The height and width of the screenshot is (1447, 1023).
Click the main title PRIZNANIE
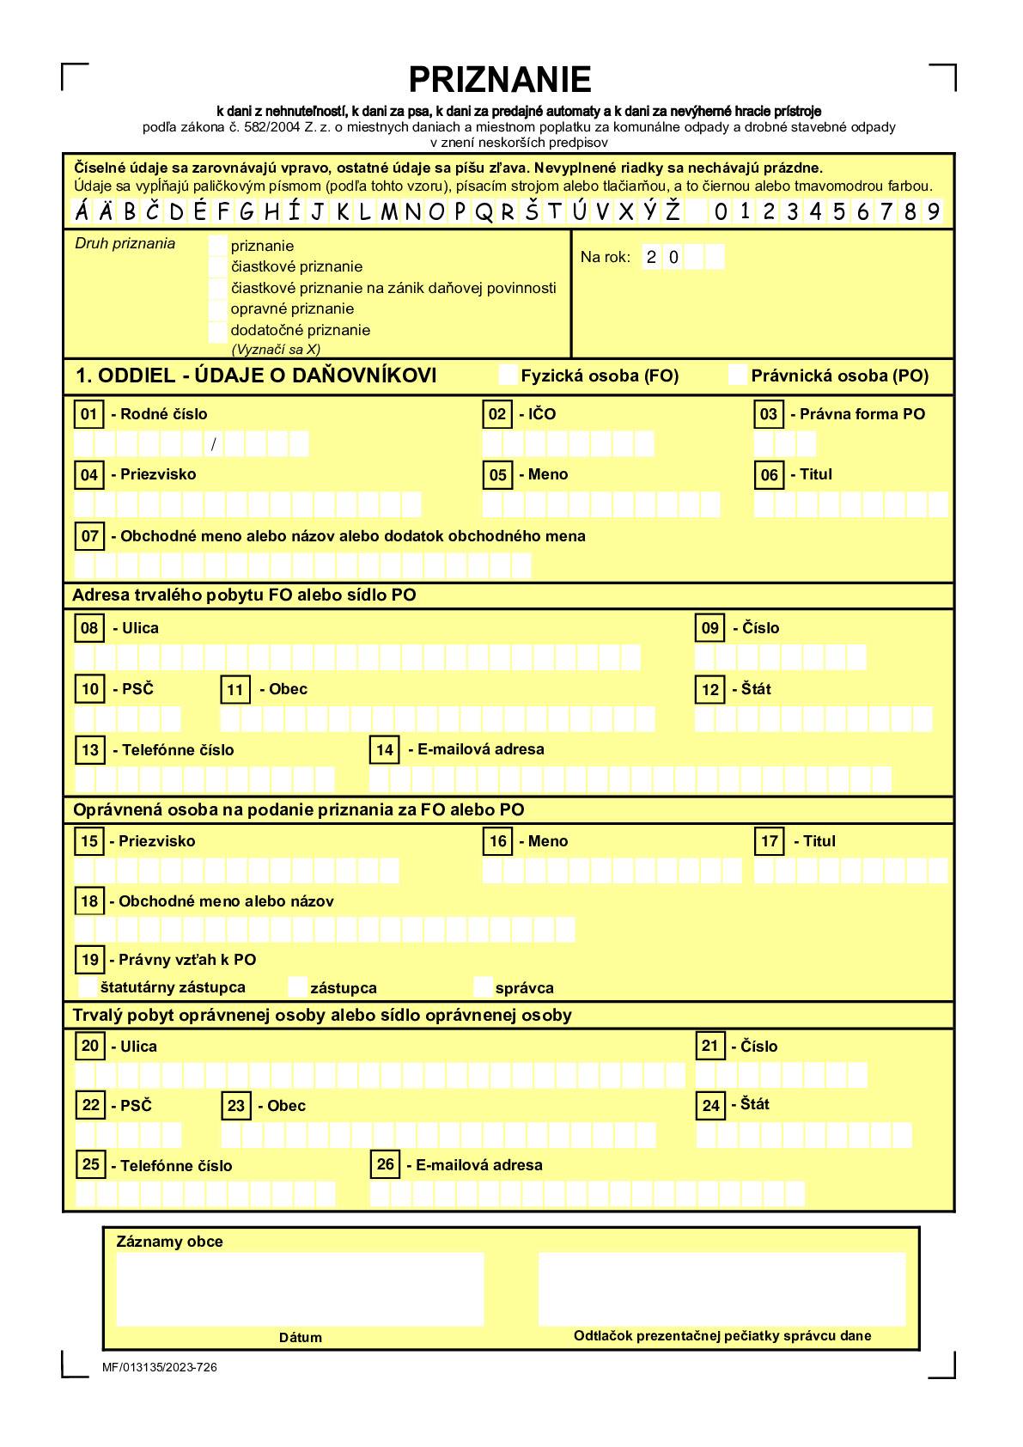click(499, 80)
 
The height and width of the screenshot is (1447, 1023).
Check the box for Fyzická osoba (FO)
click(508, 375)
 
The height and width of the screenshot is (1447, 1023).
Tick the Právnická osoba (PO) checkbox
click(738, 375)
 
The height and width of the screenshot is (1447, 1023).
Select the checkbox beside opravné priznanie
click(218, 309)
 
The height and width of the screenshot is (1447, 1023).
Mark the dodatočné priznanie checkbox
click(218, 331)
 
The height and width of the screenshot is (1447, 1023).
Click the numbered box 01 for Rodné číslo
click(89, 415)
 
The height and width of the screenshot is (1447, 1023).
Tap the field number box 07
click(90, 537)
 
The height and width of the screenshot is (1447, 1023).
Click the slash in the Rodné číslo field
click(214, 444)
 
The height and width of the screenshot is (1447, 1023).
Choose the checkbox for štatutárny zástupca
click(88, 987)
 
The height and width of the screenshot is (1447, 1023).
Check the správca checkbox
click(484, 987)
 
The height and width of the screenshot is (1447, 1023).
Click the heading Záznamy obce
click(169, 1242)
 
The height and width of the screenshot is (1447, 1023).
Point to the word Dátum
click(301, 1337)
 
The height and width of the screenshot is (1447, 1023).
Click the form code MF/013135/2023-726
click(160, 1367)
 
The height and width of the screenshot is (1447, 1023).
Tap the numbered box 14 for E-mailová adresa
click(385, 750)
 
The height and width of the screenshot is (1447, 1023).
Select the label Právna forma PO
click(862, 414)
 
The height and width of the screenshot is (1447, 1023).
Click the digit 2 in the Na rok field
click(652, 257)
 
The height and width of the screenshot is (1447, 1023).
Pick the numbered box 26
click(386, 1165)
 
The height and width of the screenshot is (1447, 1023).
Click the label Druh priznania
click(125, 244)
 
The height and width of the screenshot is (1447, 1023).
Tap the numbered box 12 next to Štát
click(710, 690)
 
